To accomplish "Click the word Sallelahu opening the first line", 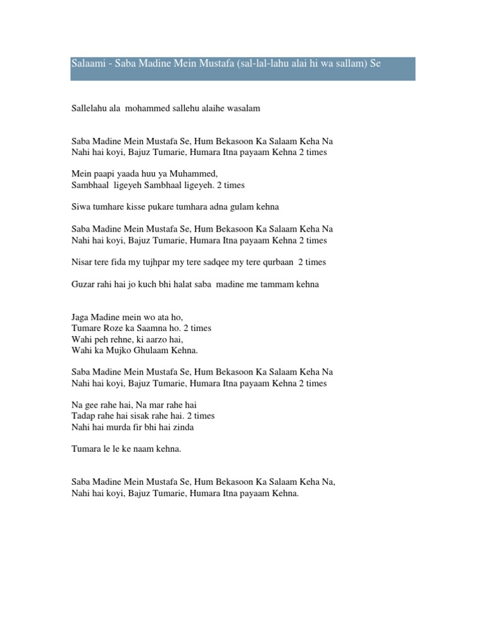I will coord(89,108).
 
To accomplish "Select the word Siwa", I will coord(80,206).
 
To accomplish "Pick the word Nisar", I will coord(82,262).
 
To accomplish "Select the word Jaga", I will coord(81,317).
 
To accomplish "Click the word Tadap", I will coord(84,416).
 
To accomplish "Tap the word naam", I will coord(141,449).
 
